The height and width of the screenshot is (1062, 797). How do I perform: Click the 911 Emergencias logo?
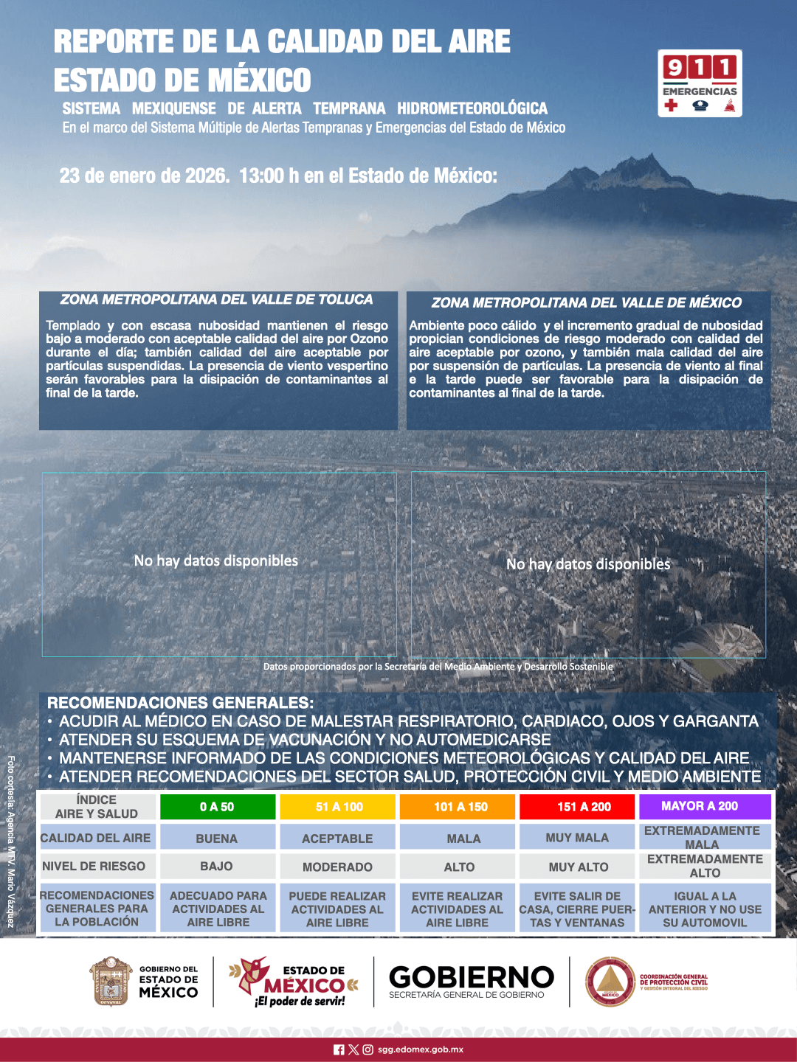pos(700,83)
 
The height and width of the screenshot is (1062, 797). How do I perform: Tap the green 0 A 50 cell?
pos(217,807)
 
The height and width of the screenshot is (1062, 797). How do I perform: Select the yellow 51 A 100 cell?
pos(339,807)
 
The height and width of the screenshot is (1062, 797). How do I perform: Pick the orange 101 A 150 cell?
pos(460,807)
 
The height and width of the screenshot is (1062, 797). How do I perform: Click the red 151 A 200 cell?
pos(583,807)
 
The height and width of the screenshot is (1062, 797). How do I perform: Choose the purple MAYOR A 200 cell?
pos(705,806)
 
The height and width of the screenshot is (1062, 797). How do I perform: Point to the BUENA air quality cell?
pos(217,839)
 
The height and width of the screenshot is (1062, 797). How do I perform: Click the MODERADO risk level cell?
pos(337,867)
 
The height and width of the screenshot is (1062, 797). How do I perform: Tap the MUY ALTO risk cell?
pos(578,867)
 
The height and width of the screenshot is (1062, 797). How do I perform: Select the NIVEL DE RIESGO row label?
pos(94,867)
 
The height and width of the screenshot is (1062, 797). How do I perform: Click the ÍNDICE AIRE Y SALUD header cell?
pos(97,807)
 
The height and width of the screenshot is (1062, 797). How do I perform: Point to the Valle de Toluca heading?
pos(216,299)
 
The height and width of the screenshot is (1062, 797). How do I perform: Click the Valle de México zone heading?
pos(587,302)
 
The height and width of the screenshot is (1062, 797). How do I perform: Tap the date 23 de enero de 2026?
pos(144,176)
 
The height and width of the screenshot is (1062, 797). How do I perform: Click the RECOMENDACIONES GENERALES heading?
pos(180,703)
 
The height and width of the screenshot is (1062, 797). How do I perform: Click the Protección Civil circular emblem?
pos(610,982)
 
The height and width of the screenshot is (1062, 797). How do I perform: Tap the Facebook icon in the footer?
pos(339,1049)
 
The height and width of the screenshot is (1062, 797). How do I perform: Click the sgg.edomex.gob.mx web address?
pos(421,1049)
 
